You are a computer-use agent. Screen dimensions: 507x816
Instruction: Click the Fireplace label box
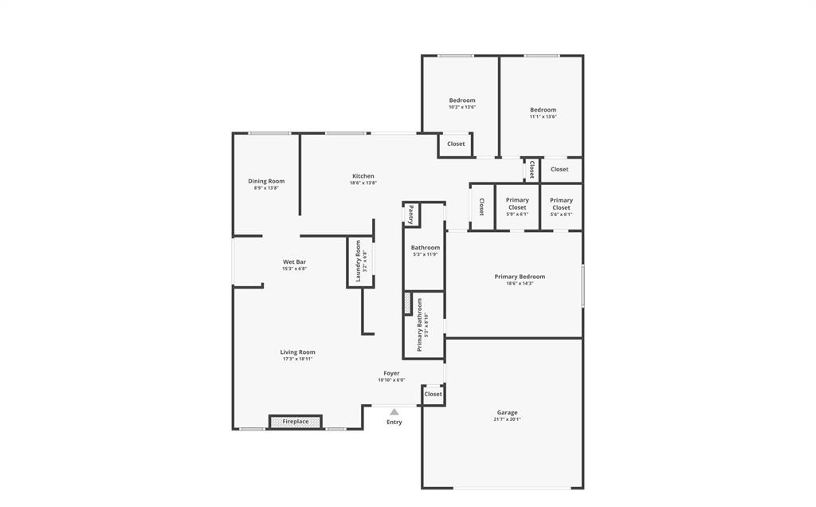295,422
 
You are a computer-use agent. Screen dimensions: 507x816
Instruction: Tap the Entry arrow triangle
394,412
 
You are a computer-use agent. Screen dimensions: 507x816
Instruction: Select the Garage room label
508,413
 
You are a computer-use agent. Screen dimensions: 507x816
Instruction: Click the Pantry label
410,214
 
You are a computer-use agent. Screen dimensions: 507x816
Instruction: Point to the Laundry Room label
359,259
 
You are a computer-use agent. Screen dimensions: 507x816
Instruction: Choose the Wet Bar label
294,262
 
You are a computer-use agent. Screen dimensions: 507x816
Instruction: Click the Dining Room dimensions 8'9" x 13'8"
266,188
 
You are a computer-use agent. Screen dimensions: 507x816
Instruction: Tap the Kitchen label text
363,176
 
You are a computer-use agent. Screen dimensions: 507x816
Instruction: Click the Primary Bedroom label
520,277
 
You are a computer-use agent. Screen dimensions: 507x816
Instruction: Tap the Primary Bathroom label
420,324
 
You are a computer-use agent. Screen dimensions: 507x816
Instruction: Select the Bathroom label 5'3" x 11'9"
426,248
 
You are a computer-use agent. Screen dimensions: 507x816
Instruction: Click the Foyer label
391,373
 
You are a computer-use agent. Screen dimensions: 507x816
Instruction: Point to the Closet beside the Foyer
433,394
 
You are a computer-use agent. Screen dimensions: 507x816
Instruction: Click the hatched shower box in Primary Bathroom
408,304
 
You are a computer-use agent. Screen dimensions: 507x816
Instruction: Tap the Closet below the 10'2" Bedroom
456,144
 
